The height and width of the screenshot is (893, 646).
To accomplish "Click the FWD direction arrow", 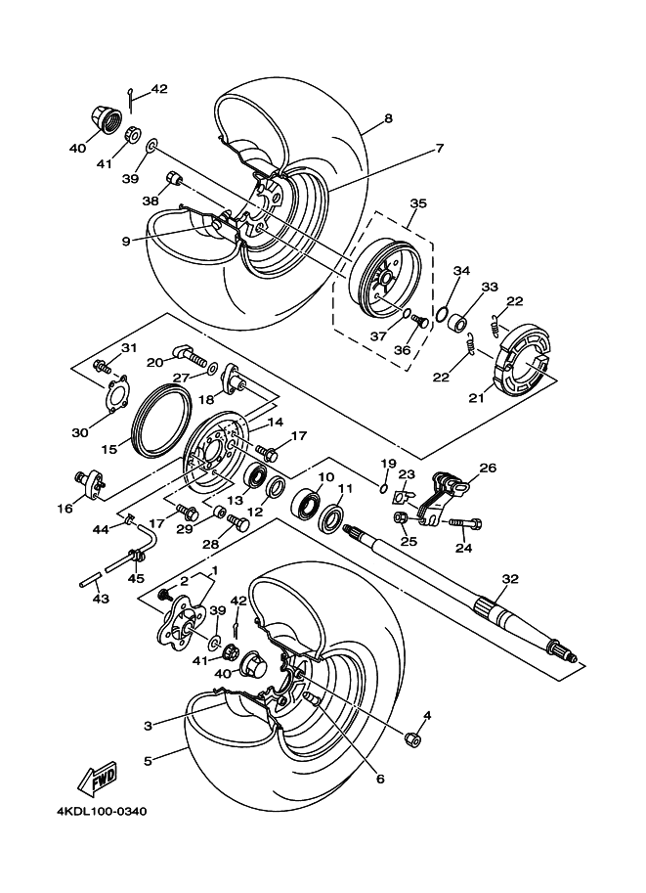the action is point(98,778).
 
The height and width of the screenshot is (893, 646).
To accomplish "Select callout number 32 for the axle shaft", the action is point(510,579).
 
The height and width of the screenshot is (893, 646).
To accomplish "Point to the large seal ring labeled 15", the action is point(163,422).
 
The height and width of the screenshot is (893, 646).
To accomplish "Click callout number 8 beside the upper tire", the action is point(388,118).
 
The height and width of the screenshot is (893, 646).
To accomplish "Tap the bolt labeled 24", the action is point(466,522).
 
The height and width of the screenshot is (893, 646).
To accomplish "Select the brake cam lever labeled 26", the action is point(443,496).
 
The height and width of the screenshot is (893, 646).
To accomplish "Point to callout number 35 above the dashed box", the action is point(418,203).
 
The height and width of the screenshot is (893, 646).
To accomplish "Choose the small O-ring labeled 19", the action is point(384,487).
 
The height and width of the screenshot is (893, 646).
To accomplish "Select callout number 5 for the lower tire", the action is point(148,760).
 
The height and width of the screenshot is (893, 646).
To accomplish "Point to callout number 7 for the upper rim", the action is point(440,148).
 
